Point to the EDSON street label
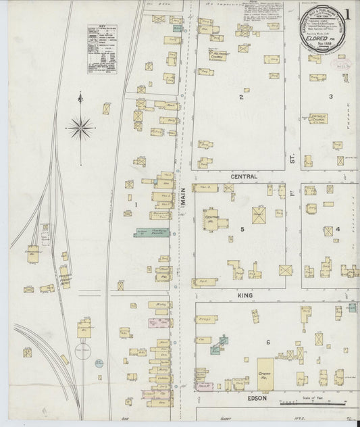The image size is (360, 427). [257, 399]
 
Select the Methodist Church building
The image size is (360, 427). [216, 57]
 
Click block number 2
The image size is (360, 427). [240, 97]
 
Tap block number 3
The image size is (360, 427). [330, 97]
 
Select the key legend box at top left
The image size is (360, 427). [100, 49]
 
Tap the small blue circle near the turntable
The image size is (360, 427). [99, 363]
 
